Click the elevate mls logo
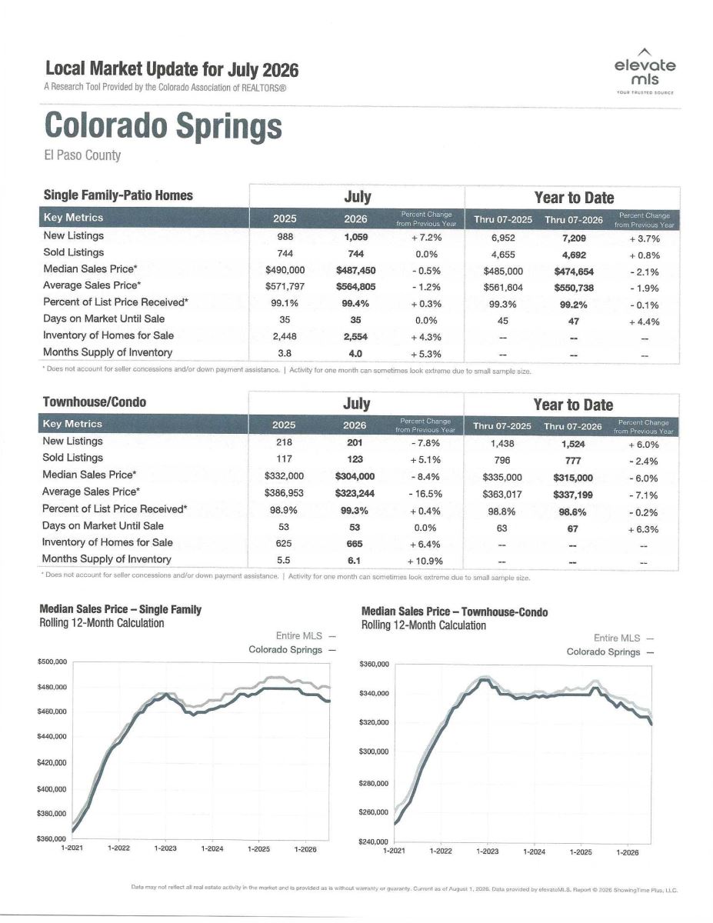click(645, 71)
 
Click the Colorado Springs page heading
click(163, 125)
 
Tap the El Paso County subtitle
click(82, 155)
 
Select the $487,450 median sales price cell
click(355, 271)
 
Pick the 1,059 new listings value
click(355, 237)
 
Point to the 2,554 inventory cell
click(355, 337)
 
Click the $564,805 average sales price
click(355, 287)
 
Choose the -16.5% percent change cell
click(425, 494)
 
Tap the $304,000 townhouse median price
click(355, 477)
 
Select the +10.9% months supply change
click(425, 561)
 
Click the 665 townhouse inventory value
click(355, 544)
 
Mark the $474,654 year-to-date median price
click(574, 272)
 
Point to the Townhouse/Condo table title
click(95, 402)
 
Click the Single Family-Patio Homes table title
click(118, 195)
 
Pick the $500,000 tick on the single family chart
click(52, 661)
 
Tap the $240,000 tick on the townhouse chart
click(374, 841)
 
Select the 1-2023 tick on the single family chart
click(165, 848)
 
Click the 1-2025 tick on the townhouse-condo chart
click(581, 851)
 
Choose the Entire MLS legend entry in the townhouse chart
click(624, 638)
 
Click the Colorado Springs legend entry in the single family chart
click(292, 650)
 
